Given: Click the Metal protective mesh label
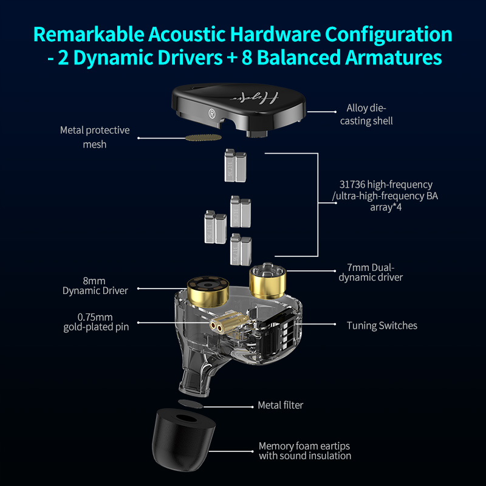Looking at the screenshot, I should click(95, 137).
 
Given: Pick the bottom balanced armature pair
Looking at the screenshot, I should click(241, 248).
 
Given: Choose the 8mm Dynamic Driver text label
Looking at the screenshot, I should click(95, 286).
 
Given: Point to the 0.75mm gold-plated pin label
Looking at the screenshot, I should click(96, 322).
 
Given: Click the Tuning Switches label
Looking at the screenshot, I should click(382, 326).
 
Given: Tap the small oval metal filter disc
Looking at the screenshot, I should click(190, 403).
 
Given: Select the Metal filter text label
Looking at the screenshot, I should click(280, 405).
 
